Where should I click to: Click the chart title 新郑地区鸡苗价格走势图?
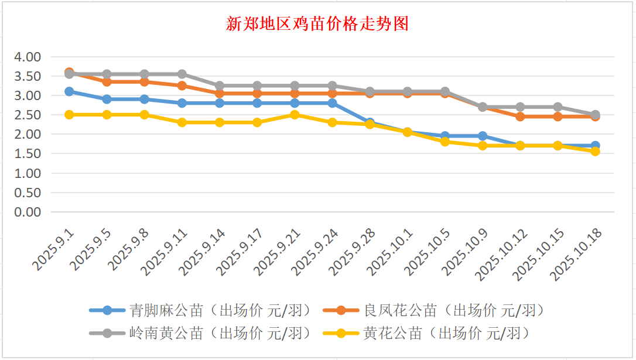pos(317,24)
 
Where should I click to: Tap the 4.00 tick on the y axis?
pos(28,57)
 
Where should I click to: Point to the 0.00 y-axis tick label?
pos(28,212)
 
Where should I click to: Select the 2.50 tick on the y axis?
pos(28,115)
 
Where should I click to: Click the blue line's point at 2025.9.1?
pos(69,91)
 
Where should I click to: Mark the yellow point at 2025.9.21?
pos(295,115)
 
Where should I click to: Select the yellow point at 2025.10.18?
pos(595,151)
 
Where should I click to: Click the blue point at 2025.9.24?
pos(332,103)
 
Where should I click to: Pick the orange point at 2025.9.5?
pos(107,82)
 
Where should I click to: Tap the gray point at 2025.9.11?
pos(182,74)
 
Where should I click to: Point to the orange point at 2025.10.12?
pos(520,116)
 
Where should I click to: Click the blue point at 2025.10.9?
pos(483,136)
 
